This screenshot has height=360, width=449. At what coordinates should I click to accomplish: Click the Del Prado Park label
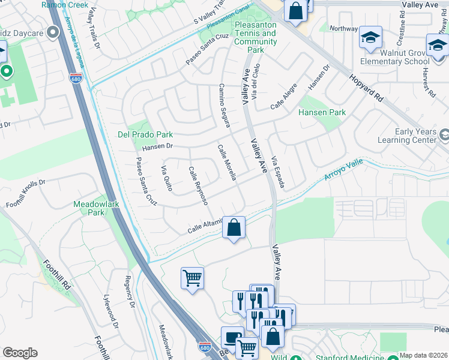point(145,134)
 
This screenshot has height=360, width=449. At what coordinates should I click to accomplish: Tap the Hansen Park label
point(322,112)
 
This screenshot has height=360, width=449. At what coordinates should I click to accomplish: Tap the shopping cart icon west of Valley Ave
point(192,278)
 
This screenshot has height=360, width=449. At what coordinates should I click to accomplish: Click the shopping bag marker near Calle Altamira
point(234,227)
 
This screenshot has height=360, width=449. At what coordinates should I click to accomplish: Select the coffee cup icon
point(232,337)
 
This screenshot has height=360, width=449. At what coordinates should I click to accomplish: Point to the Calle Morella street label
point(228,163)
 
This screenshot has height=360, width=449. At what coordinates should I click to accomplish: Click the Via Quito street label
point(167,179)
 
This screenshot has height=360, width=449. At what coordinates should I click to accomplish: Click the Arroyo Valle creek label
point(344,170)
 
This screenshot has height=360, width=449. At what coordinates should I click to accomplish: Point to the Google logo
point(20,353)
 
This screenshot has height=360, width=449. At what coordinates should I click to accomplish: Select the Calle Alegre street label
point(283,96)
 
